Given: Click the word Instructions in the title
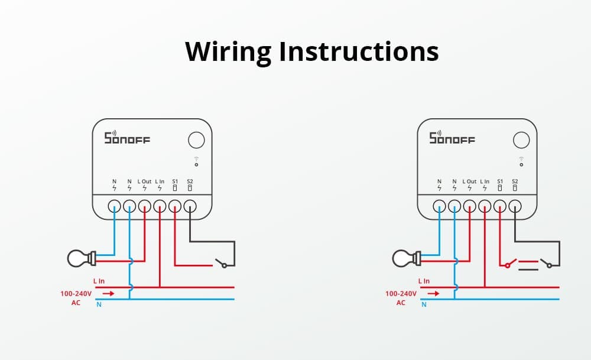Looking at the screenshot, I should [359, 52].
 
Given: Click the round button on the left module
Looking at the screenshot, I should [196, 140].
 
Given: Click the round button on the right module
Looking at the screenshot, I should [521, 140].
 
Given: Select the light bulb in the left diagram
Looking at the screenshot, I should [80, 258].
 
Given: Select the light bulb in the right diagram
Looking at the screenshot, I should [405, 258].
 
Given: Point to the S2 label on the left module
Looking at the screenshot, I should [190, 181].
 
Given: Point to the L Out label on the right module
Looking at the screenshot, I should [470, 181].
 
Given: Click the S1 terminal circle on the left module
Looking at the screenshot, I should [175, 206].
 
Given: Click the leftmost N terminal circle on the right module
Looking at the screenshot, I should [439, 206].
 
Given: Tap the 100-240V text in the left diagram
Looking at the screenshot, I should [76, 293].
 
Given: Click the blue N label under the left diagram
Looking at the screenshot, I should [98, 305].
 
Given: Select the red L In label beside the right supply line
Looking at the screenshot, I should [424, 281].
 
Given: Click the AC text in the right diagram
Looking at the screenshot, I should [401, 303].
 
